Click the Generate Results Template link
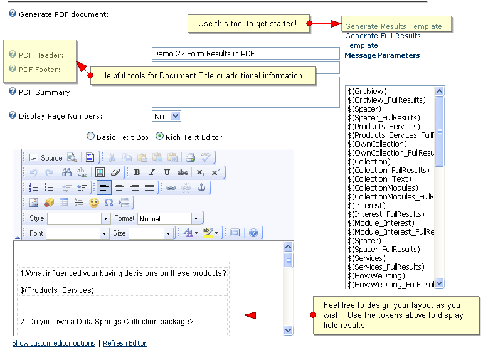(393, 26)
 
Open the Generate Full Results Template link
(382, 40)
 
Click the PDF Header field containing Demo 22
(245, 54)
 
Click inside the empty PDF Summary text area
(245, 92)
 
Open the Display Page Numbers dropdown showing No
(166, 116)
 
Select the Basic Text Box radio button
(91, 136)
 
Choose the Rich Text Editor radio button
(160, 136)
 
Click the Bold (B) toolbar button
(137, 172)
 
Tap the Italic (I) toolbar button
(152, 172)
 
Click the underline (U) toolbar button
(167, 172)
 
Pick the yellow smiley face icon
(94, 203)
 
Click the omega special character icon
(109, 203)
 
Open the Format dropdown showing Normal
(169, 218)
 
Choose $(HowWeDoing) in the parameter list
(376, 276)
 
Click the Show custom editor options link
(54, 344)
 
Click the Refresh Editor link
(125, 344)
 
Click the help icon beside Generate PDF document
(13, 13)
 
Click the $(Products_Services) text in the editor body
(57, 290)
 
